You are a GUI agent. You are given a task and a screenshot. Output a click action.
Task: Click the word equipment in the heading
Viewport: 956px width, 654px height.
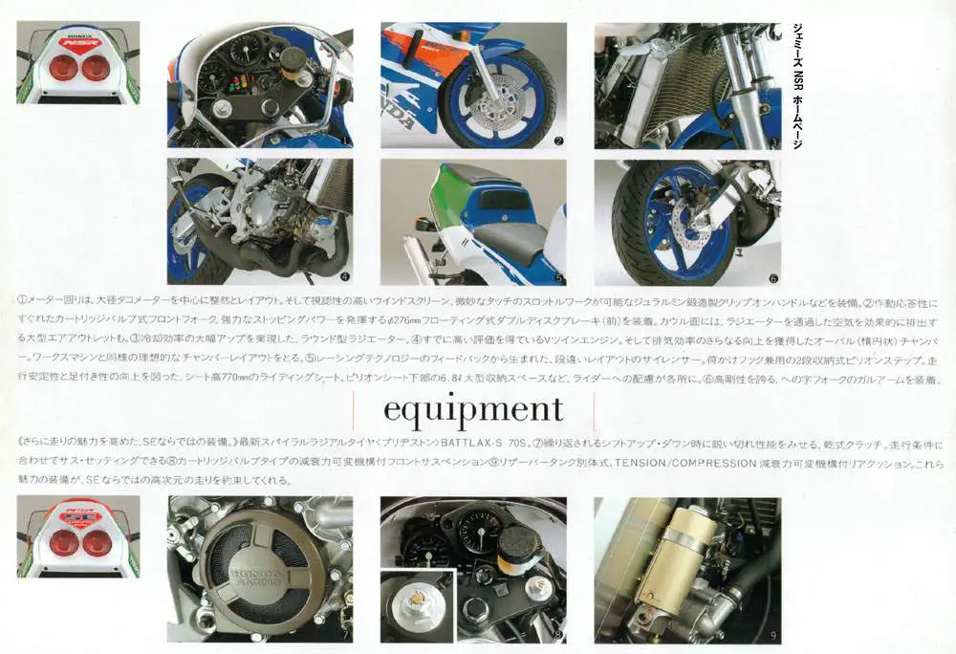[x=473, y=410]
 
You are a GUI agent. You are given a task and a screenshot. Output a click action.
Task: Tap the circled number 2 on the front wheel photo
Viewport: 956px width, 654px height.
[x=557, y=141]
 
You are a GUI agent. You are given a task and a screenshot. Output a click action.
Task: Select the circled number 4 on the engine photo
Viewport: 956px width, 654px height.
[x=343, y=277]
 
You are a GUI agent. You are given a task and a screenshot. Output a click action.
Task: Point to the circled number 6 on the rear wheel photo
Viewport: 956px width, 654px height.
[x=771, y=278]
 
